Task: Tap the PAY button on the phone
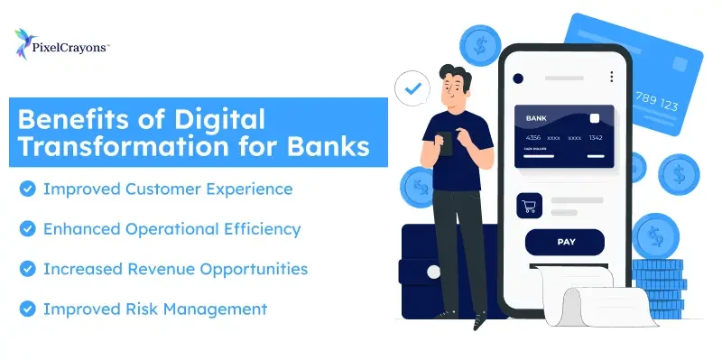coord(566,242)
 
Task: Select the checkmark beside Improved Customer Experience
coord(27,189)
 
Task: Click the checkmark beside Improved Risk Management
coord(27,309)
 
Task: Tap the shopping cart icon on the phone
coord(528,207)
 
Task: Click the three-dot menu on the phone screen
coord(612,78)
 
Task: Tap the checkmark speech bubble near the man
coord(413,89)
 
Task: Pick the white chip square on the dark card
coord(595,118)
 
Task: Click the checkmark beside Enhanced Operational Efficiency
coord(27,229)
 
